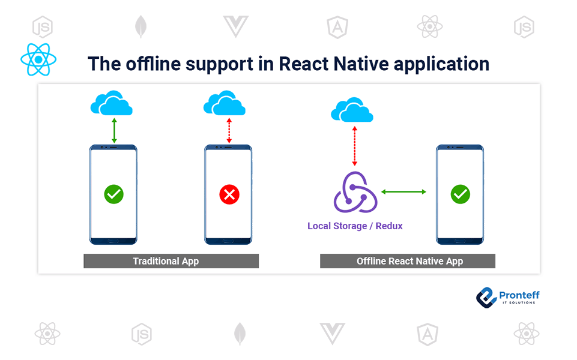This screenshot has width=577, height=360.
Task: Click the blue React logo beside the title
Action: tap(38, 59)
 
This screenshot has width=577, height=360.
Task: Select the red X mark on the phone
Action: tap(229, 194)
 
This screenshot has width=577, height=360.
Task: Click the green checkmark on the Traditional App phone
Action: tap(113, 194)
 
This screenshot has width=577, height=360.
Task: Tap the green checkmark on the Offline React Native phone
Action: tap(460, 194)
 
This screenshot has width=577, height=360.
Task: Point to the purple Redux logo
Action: tap(355, 192)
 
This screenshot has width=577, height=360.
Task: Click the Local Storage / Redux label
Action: tap(355, 226)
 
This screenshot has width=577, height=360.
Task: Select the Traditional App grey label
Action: tap(171, 261)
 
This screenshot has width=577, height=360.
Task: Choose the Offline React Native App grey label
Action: tap(408, 261)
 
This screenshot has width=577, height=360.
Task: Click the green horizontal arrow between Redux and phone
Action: tap(403, 192)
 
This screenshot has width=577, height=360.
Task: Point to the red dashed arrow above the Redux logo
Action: tap(355, 145)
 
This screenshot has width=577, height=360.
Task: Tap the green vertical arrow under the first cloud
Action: tap(113, 131)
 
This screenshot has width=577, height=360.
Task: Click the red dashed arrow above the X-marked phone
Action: tap(228, 131)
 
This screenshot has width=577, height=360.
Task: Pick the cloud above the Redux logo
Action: tap(352, 111)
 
